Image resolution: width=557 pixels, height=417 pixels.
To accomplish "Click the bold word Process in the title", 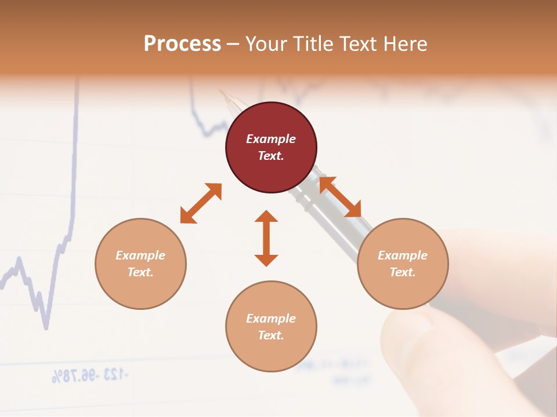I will pos(182,44).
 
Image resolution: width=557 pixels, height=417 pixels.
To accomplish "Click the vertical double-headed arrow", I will pos(266,238).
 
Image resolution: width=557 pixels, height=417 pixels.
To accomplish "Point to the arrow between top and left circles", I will pos(201,203).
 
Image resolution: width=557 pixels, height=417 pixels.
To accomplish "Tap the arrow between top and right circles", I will pos(340,197).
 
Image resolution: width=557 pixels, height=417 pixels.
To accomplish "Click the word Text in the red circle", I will pos(271,156).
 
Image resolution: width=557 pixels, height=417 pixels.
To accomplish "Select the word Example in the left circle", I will pos(140,255).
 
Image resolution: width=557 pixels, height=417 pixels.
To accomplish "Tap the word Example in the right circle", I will pos(403,255).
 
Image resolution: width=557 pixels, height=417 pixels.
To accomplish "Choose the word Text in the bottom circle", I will pos(271,335).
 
